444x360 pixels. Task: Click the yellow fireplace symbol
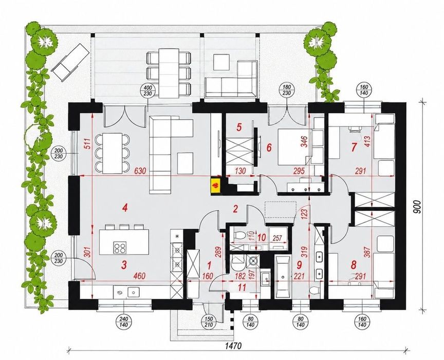click(215, 186)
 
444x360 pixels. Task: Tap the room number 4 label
click(124, 209)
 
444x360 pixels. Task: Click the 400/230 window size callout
click(148, 91)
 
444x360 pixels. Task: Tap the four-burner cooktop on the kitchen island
click(119, 248)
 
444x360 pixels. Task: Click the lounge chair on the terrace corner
click(70, 62)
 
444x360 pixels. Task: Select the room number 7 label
click(354, 148)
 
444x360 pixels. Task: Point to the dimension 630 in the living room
click(140, 171)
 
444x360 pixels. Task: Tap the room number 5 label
click(239, 127)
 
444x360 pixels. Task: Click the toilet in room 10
click(237, 235)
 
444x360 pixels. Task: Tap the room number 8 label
click(353, 265)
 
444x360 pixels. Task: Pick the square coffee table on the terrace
click(221, 62)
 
